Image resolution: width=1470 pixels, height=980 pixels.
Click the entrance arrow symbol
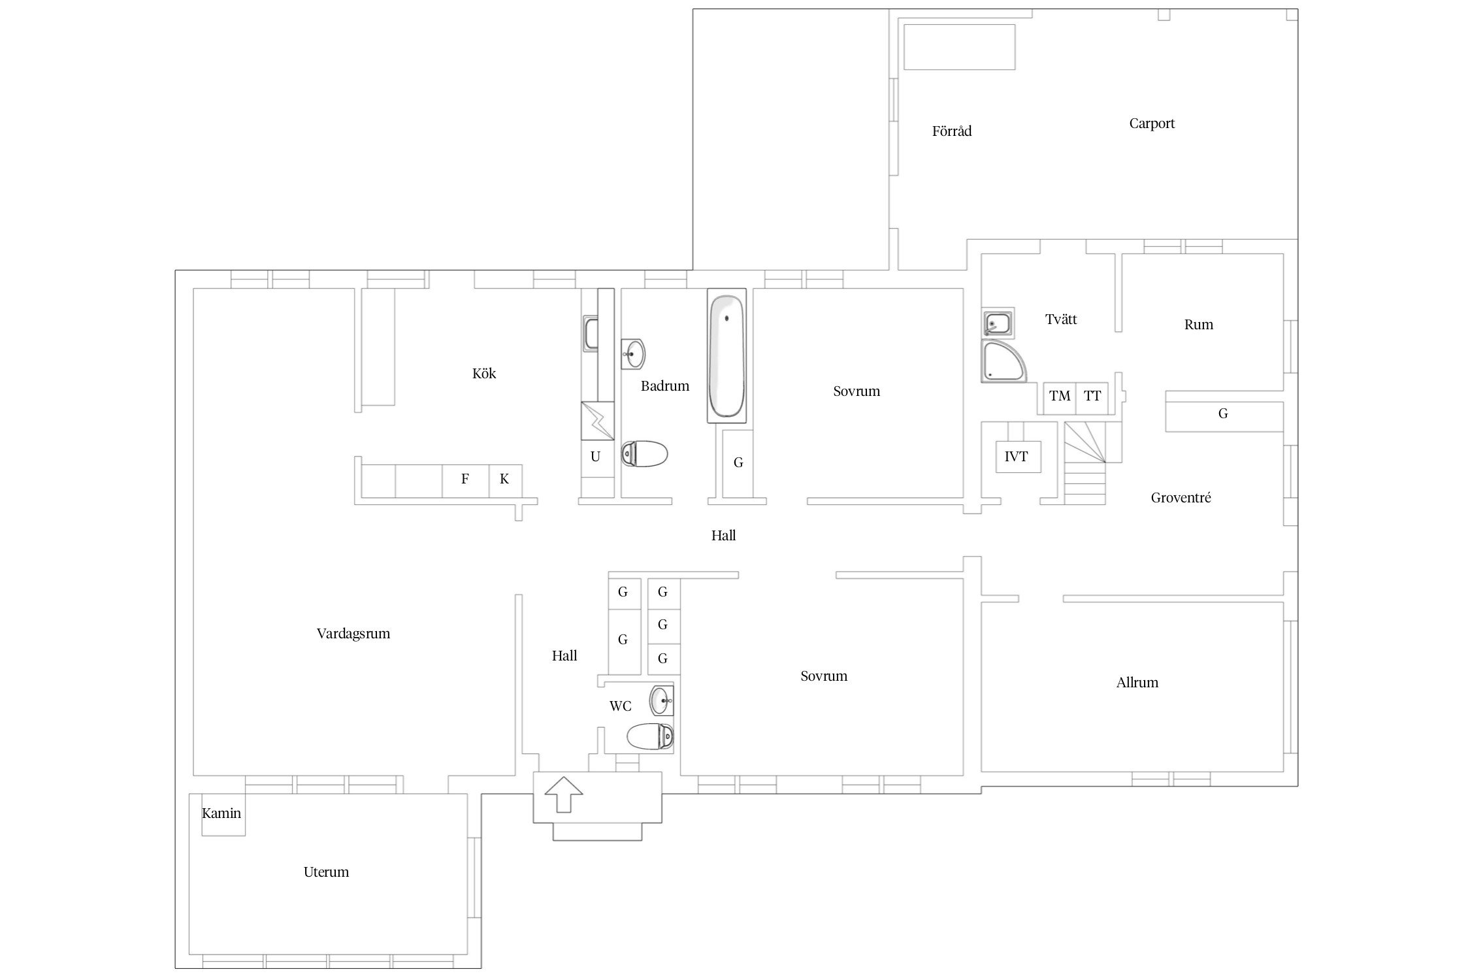tap(564, 794)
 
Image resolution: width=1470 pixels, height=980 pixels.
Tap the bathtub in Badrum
tap(726, 357)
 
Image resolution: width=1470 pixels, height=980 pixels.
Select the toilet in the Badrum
tap(644, 453)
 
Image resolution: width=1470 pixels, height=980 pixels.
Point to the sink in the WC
tap(661, 701)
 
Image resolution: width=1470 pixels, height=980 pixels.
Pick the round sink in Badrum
tap(632, 354)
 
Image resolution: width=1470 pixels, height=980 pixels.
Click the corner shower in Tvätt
tap(1004, 361)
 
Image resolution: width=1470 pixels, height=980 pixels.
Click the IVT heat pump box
tap(1017, 457)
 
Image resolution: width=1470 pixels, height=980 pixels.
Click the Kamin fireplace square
tap(223, 814)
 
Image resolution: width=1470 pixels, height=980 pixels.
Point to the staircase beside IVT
tap(1085, 463)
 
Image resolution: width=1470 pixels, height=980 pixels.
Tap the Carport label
tap(1152, 123)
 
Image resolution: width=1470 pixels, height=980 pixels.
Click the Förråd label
tap(952, 131)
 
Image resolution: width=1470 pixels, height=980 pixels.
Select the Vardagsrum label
tap(353, 634)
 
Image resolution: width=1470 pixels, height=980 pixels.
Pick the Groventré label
tap(1181, 498)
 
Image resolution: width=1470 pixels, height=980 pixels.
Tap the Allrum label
tap(1137, 683)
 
